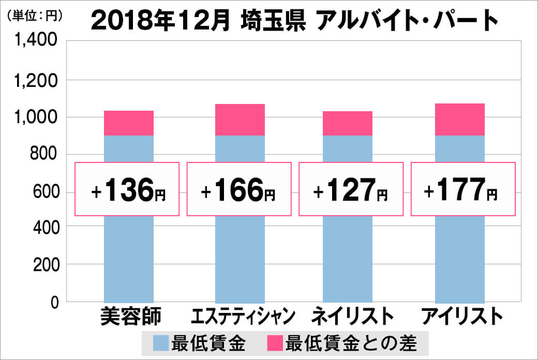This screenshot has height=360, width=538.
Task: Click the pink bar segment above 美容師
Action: (x=129, y=123)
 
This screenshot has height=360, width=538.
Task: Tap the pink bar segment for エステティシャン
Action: (x=240, y=119)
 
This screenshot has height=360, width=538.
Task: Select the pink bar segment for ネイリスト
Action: (x=348, y=123)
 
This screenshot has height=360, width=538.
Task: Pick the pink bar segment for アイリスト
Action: (x=460, y=119)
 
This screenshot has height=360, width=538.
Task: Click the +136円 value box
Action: (x=128, y=189)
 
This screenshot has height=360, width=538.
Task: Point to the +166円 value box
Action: (x=238, y=189)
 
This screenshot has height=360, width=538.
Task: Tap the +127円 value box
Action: (x=351, y=189)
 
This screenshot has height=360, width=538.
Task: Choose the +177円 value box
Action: (x=463, y=189)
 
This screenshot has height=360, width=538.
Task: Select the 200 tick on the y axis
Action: (x=46, y=264)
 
